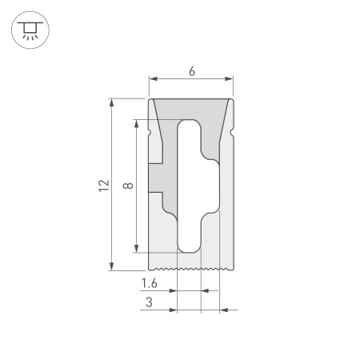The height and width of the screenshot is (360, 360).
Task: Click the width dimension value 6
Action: [x=192, y=71]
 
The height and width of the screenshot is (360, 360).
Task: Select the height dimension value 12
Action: [x=103, y=185]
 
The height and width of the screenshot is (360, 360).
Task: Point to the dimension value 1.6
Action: [x=149, y=284]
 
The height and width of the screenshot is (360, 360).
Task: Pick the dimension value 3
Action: [x=149, y=302]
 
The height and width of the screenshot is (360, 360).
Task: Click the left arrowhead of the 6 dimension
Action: [x=153, y=78]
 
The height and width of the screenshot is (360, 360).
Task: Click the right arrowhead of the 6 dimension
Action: [x=231, y=78]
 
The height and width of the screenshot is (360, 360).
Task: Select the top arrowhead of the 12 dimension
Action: [x=111, y=102]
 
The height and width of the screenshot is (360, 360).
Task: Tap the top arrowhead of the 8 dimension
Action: [x=138, y=123]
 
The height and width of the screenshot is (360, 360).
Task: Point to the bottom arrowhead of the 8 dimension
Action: [x=138, y=248]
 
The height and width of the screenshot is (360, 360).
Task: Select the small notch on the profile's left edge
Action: [x=150, y=127]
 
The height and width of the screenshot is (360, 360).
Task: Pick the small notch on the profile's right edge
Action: [x=234, y=127]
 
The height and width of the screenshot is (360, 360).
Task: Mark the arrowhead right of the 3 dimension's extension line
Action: [x=223, y=308]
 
